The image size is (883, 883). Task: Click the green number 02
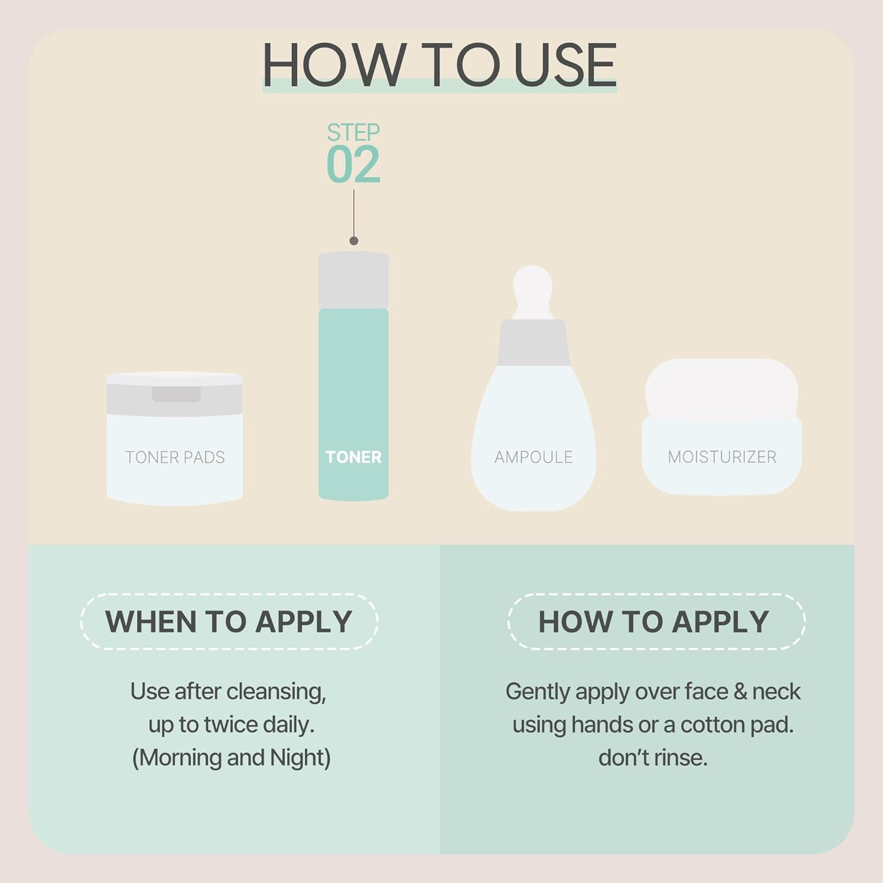tap(353, 165)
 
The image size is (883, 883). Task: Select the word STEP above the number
tap(353, 132)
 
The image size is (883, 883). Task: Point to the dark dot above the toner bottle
tap(354, 241)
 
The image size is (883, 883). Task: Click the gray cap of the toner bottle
tap(353, 280)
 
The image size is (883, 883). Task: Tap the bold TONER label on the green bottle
tap(353, 457)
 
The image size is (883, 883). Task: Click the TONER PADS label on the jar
tap(175, 457)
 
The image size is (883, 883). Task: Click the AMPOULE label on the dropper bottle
tap(533, 457)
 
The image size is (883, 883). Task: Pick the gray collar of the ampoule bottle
tap(533, 343)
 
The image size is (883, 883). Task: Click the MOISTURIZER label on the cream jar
tap(722, 457)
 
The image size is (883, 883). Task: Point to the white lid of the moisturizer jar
tap(722, 389)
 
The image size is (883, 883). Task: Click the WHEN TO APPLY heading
tap(229, 622)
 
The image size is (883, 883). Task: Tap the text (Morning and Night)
tap(231, 758)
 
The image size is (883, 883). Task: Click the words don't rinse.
tap(653, 758)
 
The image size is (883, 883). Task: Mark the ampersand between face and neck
tap(740, 692)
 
